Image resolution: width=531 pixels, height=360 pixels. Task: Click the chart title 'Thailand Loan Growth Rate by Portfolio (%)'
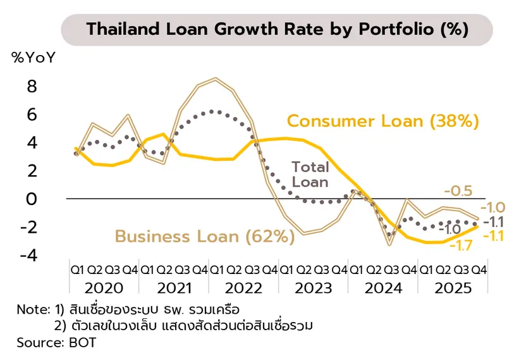(x=278, y=29)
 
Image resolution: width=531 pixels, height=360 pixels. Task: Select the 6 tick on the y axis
(x=31, y=115)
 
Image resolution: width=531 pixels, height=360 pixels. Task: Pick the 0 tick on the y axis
(x=31, y=199)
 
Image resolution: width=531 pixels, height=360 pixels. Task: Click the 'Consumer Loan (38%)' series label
(x=383, y=121)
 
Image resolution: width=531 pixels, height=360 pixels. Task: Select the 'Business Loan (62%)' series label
(x=205, y=237)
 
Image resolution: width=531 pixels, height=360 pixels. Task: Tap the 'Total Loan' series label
(x=310, y=175)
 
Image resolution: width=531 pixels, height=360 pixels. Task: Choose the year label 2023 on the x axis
(x=312, y=289)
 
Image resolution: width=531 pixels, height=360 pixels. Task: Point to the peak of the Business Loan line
(x=216, y=79)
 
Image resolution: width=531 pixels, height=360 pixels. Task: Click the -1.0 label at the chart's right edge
(x=494, y=208)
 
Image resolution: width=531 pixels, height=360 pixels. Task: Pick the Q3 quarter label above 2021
(x=182, y=270)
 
